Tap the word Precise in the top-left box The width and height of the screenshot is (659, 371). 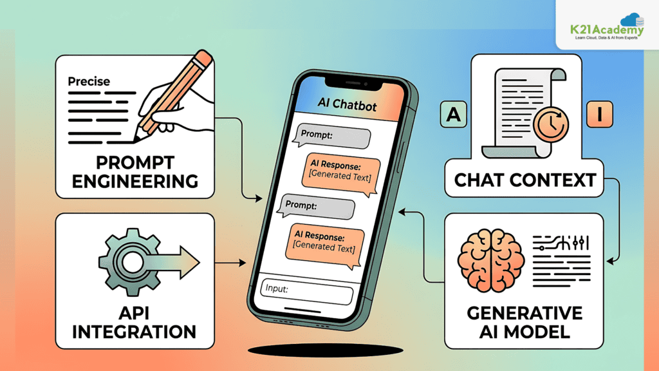[x=89, y=81]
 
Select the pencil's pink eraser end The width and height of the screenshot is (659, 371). [x=204, y=59]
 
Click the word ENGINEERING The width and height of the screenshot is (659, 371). [x=135, y=181]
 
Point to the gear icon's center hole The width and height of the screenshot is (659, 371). [x=132, y=262]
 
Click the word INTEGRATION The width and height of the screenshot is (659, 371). [x=134, y=332]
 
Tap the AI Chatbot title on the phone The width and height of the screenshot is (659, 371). [x=347, y=104]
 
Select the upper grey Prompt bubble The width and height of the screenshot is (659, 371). [x=333, y=136]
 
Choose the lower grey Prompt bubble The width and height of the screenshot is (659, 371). [x=317, y=207]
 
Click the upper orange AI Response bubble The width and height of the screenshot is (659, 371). [x=340, y=173]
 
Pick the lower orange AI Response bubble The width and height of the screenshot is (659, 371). [x=324, y=244]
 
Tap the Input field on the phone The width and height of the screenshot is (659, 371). [x=307, y=291]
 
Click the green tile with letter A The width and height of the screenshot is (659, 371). [x=453, y=114]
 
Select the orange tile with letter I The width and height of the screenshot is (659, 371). [x=599, y=114]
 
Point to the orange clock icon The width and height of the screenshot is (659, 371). [x=551, y=125]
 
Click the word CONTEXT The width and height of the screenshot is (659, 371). [x=557, y=180]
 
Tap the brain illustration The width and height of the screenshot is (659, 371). [x=491, y=260]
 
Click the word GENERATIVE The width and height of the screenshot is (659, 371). [x=524, y=313]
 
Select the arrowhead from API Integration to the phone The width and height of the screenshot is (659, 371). [x=242, y=263]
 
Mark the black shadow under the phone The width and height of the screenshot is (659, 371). [x=326, y=350]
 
